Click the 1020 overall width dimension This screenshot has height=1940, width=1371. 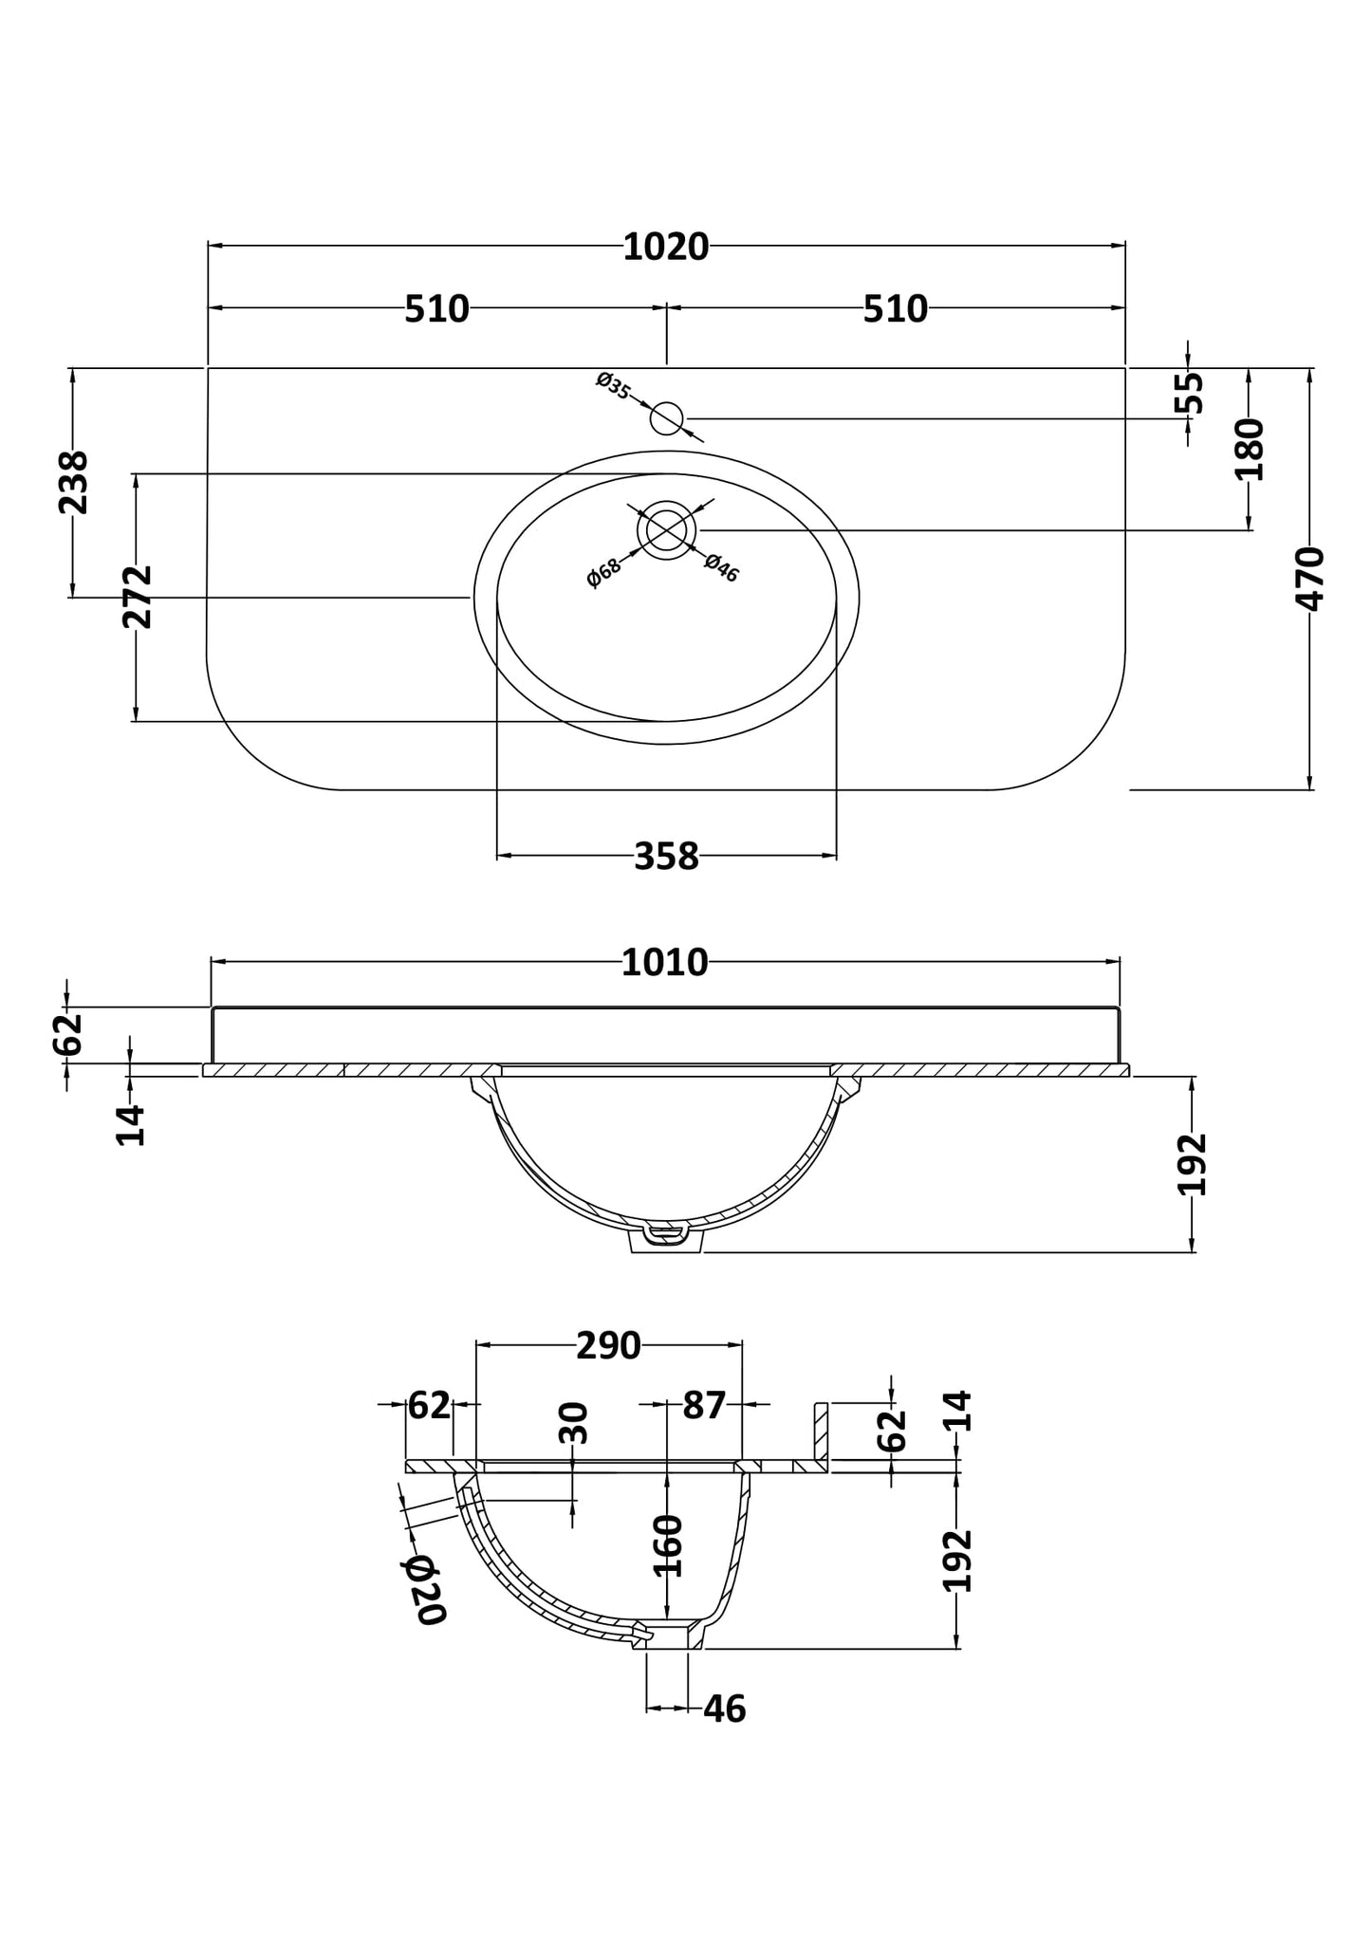click(665, 248)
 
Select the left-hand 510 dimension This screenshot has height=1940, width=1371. click(436, 309)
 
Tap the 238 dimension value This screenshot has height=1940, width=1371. click(74, 482)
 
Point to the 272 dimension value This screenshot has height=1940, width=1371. click(138, 597)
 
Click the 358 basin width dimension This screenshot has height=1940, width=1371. click(666, 858)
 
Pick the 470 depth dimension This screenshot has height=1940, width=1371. click(1310, 579)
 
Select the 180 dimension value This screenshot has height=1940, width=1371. click(1250, 449)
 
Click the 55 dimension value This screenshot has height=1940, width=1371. click(1189, 392)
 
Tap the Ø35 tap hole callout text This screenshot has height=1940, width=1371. click(614, 386)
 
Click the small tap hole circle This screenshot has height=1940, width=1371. click(667, 418)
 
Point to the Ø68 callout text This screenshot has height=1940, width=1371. click(603, 572)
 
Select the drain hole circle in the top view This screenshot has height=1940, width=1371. click(667, 530)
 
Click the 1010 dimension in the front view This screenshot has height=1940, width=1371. click(664, 963)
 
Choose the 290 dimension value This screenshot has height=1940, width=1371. click(608, 1345)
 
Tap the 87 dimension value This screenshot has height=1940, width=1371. click(704, 1405)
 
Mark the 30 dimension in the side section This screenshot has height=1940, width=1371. click(574, 1423)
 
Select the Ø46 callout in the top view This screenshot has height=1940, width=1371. click(721, 568)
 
